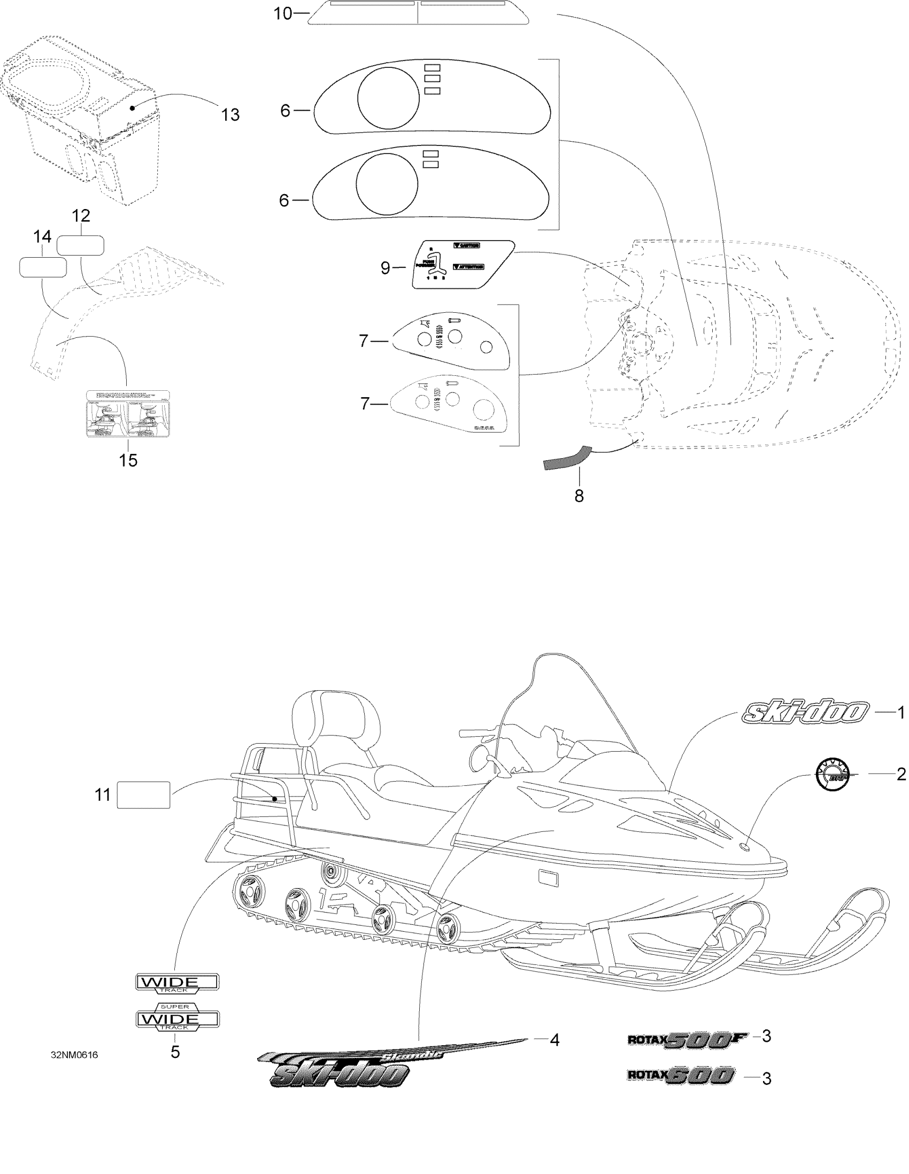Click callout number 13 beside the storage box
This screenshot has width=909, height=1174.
tap(230, 114)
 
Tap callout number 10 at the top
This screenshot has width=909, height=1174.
tap(283, 13)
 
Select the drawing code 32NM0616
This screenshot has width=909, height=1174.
tap(74, 1055)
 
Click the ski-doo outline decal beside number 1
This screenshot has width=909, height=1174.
tap(805, 712)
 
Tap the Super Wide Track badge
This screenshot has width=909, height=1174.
tap(176, 1017)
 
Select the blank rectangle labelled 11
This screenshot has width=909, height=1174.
tap(143, 795)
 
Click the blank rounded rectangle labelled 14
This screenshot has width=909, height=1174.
tap(43, 267)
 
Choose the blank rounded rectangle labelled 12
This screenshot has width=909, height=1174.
tap(80, 245)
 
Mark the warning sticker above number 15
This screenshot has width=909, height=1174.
tap(128, 413)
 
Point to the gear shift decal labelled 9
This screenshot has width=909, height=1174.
tap(463, 264)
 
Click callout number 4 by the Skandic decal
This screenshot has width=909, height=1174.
tap(554, 1040)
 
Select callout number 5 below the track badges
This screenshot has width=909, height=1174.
tap(175, 1052)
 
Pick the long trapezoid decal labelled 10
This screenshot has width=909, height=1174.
tap(418, 12)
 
